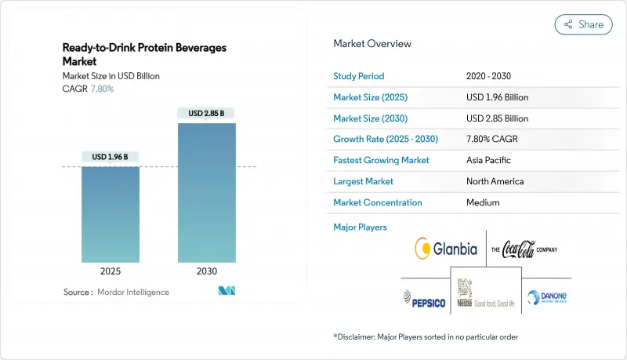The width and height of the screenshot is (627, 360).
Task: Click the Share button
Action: click(583, 24)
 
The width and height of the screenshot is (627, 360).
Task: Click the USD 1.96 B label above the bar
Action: click(111, 157)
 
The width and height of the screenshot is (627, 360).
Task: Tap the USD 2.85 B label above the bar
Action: click(206, 113)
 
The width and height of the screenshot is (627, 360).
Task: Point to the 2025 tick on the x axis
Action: click(111, 272)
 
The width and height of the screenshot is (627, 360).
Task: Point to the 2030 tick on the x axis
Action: click(206, 272)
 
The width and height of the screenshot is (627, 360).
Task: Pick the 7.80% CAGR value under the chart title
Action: click(103, 88)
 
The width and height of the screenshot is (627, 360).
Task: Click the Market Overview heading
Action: click(371, 43)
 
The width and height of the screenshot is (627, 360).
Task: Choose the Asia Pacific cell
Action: click(488, 160)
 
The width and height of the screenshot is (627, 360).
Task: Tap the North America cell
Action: click(494, 181)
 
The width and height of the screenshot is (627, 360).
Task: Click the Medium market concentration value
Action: click(482, 202)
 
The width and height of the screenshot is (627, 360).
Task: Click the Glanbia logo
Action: click(444, 249)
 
